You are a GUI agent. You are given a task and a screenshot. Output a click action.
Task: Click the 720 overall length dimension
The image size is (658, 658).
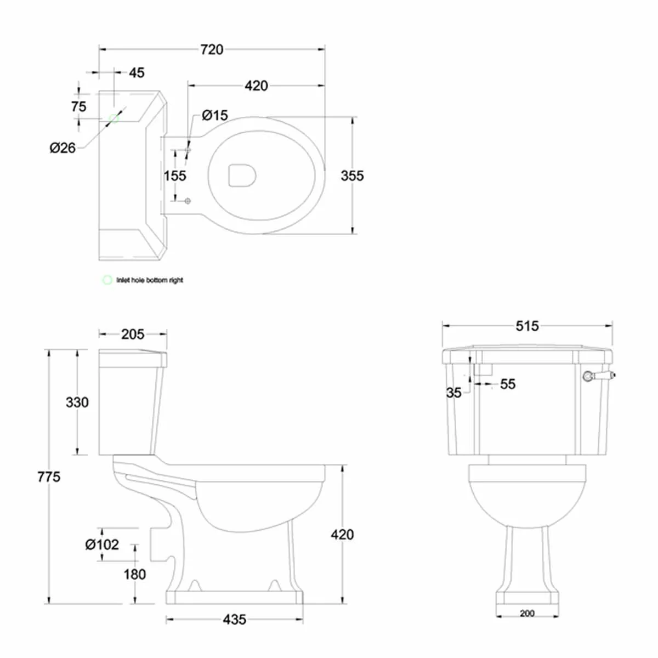tap(212, 49)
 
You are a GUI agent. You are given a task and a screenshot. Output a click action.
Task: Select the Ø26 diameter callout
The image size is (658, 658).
tap(63, 148)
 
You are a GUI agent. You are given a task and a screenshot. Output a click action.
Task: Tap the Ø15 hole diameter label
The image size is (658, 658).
tap(214, 115)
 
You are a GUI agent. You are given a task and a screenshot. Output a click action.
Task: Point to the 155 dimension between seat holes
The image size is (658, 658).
tap(175, 175)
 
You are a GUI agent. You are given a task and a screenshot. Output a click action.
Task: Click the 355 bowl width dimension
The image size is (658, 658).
tap(352, 175)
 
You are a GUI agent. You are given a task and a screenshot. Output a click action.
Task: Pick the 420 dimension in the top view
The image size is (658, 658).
tap(256, 86)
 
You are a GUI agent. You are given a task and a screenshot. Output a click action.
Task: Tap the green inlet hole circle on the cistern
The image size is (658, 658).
tap(114, 118)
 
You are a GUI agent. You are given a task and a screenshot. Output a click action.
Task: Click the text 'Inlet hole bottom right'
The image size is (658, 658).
tap(150, 280)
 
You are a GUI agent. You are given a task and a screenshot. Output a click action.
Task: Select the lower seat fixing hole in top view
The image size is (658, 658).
tap(188, 201)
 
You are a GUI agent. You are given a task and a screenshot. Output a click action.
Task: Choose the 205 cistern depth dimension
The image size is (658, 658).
tap(133, 334)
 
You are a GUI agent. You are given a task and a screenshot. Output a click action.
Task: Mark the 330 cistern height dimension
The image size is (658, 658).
tap(77, 402)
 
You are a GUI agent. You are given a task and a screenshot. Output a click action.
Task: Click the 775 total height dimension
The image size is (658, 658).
tap(49, 477)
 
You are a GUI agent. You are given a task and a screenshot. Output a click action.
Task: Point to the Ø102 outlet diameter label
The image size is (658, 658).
tap(102, 544)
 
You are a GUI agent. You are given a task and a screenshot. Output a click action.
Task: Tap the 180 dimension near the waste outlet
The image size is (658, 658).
tap(134, 574)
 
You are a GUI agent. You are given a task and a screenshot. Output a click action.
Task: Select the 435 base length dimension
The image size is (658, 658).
tap(234, 620)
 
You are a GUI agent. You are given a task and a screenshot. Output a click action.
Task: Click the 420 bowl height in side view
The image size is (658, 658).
tap(342, 535)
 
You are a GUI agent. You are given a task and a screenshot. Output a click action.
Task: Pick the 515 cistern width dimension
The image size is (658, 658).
tap(527, 326)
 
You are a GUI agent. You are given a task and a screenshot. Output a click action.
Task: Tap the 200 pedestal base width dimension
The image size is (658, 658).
tap(527, 614)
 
